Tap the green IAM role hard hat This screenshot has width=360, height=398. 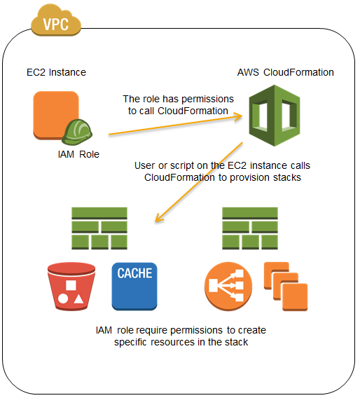[77, 132]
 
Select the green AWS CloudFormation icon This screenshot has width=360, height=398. [275, 116]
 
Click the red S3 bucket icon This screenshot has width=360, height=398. [71, 287]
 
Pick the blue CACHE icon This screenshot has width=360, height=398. [134, 287]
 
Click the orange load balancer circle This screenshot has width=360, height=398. [228, 287]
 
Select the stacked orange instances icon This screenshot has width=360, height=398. [286, 287]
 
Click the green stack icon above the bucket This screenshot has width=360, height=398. [99, 228]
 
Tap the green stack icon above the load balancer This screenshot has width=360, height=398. [250, 228]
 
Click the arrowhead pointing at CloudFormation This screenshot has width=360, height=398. [238, 117]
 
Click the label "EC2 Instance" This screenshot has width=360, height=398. [56, 72]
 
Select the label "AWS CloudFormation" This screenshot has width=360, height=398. [286, 72]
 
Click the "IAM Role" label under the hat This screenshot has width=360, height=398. [78, 154]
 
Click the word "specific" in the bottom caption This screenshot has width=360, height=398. [130, 342]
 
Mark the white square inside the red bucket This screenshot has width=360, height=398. [71, 285]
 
